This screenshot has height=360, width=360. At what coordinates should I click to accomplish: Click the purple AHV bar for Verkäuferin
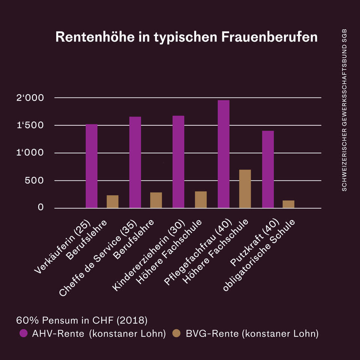pos(91,166)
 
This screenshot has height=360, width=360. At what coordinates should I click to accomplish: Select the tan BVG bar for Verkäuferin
pos(112,202)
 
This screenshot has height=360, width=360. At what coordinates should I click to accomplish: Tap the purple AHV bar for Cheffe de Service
pos(135,162)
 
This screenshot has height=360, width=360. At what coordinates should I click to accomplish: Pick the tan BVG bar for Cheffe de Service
pos(156,200)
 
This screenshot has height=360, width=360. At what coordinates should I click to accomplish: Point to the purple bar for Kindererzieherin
pos(178,162)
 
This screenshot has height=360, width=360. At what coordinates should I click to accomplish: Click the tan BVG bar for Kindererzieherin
pos(201,200)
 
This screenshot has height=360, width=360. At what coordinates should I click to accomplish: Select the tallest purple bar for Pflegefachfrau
pos(223,154)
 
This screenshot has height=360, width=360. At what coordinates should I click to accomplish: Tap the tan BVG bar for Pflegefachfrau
pos(245,189)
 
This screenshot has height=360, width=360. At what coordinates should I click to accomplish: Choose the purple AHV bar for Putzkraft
pos(268,169)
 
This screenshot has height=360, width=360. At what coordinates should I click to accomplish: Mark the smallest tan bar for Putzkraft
pos(288,204)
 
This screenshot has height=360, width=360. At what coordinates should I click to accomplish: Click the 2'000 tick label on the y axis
pos(30,98)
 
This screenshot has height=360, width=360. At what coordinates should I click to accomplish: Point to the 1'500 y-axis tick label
pos(30,125)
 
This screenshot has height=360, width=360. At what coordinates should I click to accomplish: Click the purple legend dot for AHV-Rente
pos(24,333)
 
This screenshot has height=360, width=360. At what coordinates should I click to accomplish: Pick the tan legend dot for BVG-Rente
pos(177,333)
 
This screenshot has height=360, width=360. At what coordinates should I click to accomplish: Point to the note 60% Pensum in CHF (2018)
pos(82,321)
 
